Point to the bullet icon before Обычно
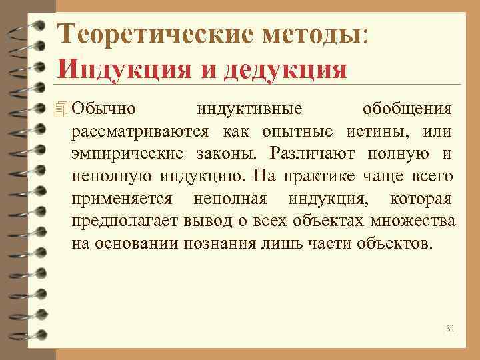click(63, 108)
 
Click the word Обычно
click(103, 109)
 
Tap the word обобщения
click(407, 109)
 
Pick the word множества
click(415, 221)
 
